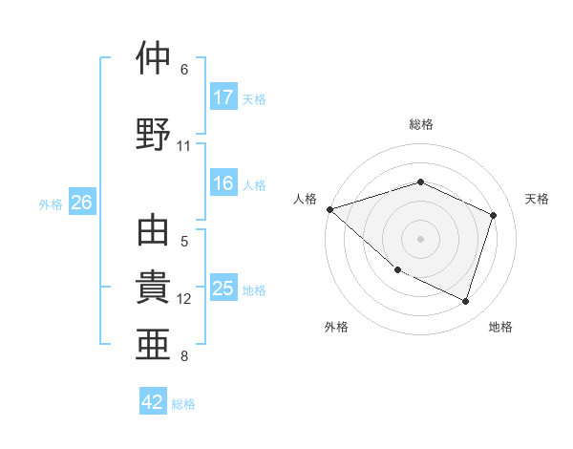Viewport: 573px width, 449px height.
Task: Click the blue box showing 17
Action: point(223,97)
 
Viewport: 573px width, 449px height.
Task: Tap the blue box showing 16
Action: point(223,184)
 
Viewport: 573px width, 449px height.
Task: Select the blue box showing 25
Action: point(223,289)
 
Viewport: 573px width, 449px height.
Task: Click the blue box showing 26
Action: point(82,203)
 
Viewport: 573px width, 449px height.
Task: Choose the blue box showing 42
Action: point(153,402)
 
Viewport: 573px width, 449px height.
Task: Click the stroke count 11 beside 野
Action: point(184,146)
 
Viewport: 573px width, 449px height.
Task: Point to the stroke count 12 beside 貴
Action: point(184,299)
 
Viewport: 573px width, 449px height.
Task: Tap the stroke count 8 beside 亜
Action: point(184,356)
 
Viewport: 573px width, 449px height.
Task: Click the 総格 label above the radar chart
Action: point(420,124)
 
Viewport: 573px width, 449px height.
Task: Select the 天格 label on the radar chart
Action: point(537,199)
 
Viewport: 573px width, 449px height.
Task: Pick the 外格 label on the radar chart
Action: point(336,327)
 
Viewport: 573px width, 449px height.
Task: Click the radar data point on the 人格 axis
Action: point(329,209)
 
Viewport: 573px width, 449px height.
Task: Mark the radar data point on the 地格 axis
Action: point(465,302)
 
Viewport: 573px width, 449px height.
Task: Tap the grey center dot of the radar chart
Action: point(420,239)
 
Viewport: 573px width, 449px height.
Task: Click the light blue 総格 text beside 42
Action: point(183,404)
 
